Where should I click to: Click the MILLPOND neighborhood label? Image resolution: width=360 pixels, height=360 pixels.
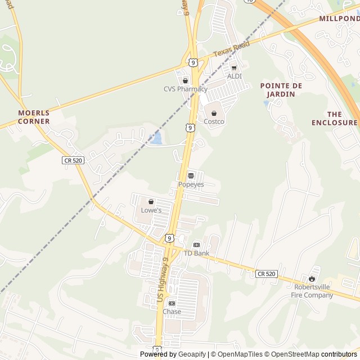[339, 19]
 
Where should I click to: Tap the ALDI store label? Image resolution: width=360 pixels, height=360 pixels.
[234, 76]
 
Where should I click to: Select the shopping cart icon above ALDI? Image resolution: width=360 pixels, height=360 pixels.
[234, 67]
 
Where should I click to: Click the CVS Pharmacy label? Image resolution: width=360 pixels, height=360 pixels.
[185, 89]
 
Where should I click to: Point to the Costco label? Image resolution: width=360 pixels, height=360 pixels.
[214, 121]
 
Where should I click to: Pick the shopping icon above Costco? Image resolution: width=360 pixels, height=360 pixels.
[214, 113]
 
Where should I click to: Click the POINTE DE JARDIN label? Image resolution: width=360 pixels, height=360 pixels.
[281, 90]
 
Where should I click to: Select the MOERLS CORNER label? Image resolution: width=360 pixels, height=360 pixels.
[34, 117]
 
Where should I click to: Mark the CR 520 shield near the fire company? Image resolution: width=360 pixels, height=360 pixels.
[267, 274]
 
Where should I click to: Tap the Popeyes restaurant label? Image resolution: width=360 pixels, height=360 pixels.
[191, 184]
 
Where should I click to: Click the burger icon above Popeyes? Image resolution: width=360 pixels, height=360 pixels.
[191, 176]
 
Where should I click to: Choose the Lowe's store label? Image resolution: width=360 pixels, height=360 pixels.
[151, 210]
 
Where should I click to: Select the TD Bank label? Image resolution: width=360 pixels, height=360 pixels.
[196, 253]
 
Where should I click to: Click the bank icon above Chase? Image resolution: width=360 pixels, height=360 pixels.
[172, 303]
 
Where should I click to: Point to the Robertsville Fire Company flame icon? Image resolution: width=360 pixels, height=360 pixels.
[312, 278]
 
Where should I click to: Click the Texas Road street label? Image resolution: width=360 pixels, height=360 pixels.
[231, 49]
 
